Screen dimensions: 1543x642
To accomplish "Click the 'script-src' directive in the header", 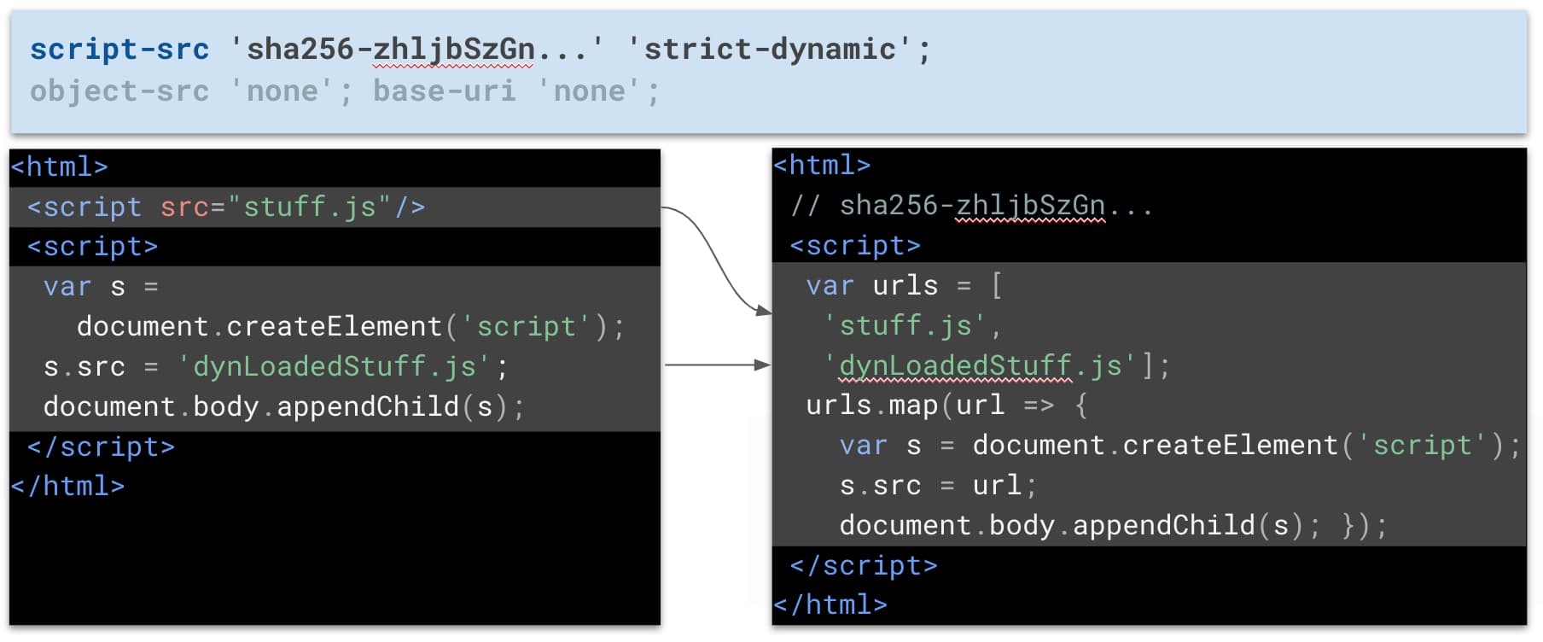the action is coord(119,50).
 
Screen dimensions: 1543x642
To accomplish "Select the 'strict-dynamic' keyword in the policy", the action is coord(769,50).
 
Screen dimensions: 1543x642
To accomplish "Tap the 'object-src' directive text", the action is coord(119,91).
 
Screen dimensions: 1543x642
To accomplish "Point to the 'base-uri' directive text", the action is coord(445,91).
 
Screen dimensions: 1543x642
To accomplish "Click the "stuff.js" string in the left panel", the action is coord(310,207).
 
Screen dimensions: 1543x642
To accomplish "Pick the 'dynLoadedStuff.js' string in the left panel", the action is coord(335,366).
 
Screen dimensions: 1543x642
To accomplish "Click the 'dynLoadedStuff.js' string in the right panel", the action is coord(981,365).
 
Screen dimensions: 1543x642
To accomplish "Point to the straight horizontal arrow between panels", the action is coord(718,365).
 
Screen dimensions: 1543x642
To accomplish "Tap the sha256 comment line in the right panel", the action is coord(972,206).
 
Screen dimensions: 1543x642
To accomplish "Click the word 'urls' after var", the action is coord(905,285).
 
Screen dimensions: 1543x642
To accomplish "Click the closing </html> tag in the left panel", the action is coord(67,486).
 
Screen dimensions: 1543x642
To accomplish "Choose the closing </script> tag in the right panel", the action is coord(864,565).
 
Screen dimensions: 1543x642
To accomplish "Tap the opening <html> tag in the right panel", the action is coord(822,165).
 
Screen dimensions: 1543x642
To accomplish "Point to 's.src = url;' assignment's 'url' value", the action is coord(997,485).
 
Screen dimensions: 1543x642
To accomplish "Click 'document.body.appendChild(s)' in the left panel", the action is coord(277,406).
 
